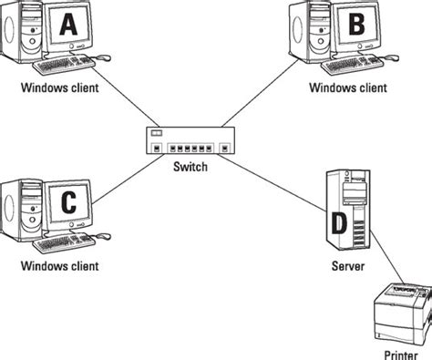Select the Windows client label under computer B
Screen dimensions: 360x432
click(347, 88)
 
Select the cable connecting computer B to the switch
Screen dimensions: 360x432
click(273, 99)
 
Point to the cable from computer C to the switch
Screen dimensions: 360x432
click(123, 183)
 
